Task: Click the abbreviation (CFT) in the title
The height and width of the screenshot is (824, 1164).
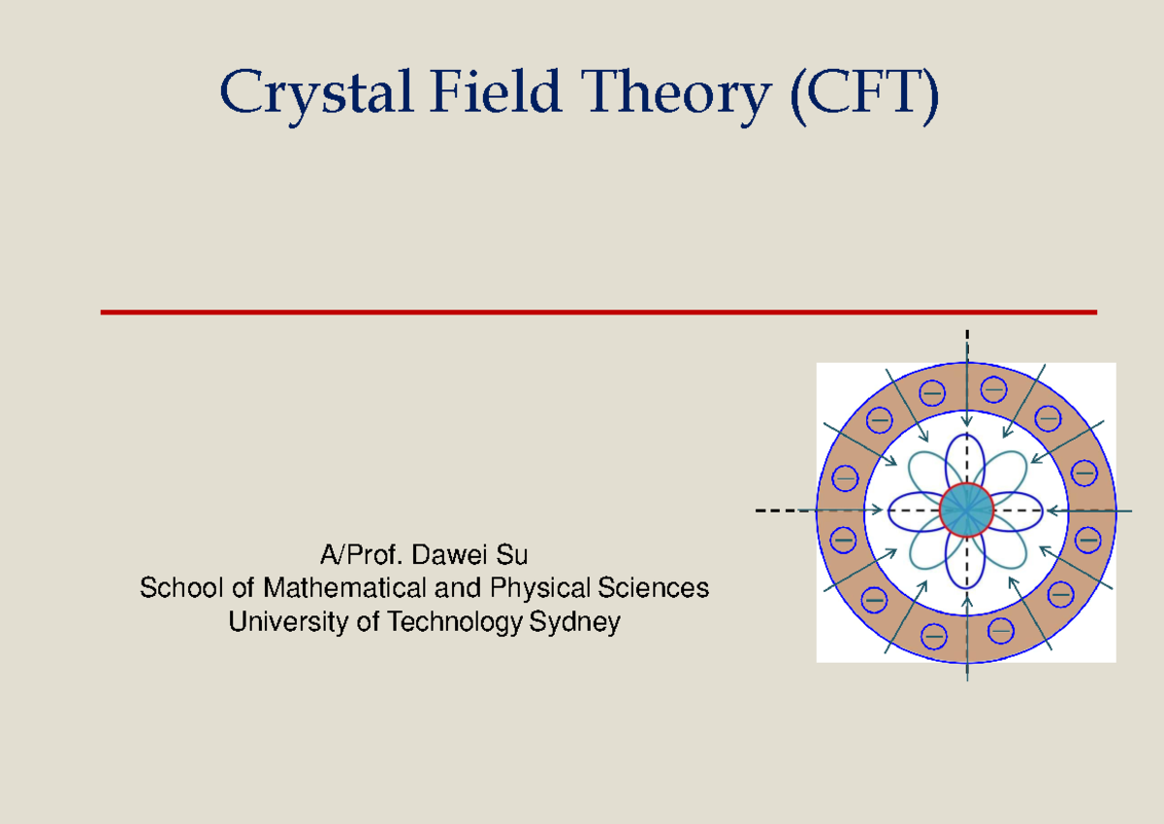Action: [863, 95]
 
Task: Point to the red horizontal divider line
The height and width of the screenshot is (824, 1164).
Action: [598, 313]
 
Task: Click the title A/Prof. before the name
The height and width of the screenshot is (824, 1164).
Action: [363, 556]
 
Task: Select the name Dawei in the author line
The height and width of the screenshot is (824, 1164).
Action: [453, 556]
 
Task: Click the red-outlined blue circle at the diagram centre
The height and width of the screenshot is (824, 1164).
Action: [967, 510]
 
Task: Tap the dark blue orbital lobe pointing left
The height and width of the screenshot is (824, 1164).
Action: [915, 510]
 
